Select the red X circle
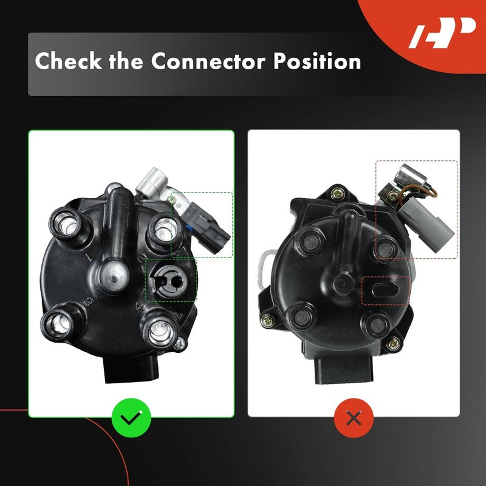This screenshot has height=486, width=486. pyautogui.click(x=354, y=418)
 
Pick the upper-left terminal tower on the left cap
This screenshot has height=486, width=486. pyautogui.click(x=67, y=226)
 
